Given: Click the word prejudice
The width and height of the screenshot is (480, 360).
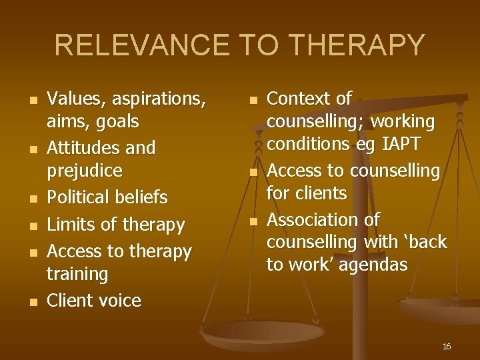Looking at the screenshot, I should pos(85,171).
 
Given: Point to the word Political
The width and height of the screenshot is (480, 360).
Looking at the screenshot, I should pos(80,197).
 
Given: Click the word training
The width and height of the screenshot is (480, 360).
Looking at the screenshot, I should pos(77,274).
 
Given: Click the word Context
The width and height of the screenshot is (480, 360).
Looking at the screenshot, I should pos(299,99).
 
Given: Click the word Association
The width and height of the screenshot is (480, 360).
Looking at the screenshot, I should pos(313,219).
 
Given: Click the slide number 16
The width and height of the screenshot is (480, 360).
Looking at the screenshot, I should pos(447,347).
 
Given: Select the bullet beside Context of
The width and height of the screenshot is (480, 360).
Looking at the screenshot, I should pos(253,101).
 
